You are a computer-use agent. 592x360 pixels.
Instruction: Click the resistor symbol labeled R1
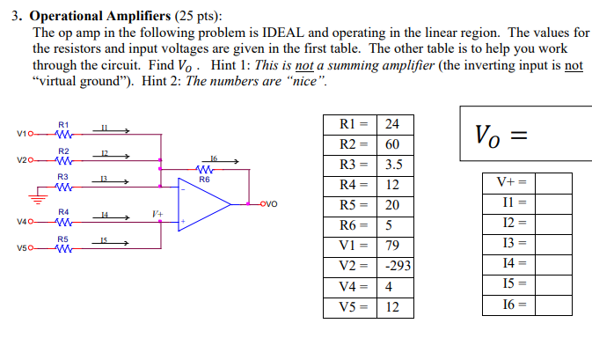point(62,135)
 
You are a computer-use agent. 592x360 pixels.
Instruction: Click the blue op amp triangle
point(202,204)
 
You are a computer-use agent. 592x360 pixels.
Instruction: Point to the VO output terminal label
point(270,204)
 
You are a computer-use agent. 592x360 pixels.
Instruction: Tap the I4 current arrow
point(110,216)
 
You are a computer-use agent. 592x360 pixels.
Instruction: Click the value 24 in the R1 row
point(393,123)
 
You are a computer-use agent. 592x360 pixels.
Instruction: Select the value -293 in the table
point(398,266)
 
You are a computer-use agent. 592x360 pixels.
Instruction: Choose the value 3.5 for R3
point(394,164)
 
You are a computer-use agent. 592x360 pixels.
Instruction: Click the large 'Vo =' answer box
point(524,134)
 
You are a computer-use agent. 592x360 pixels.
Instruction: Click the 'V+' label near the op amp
point(157,214)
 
